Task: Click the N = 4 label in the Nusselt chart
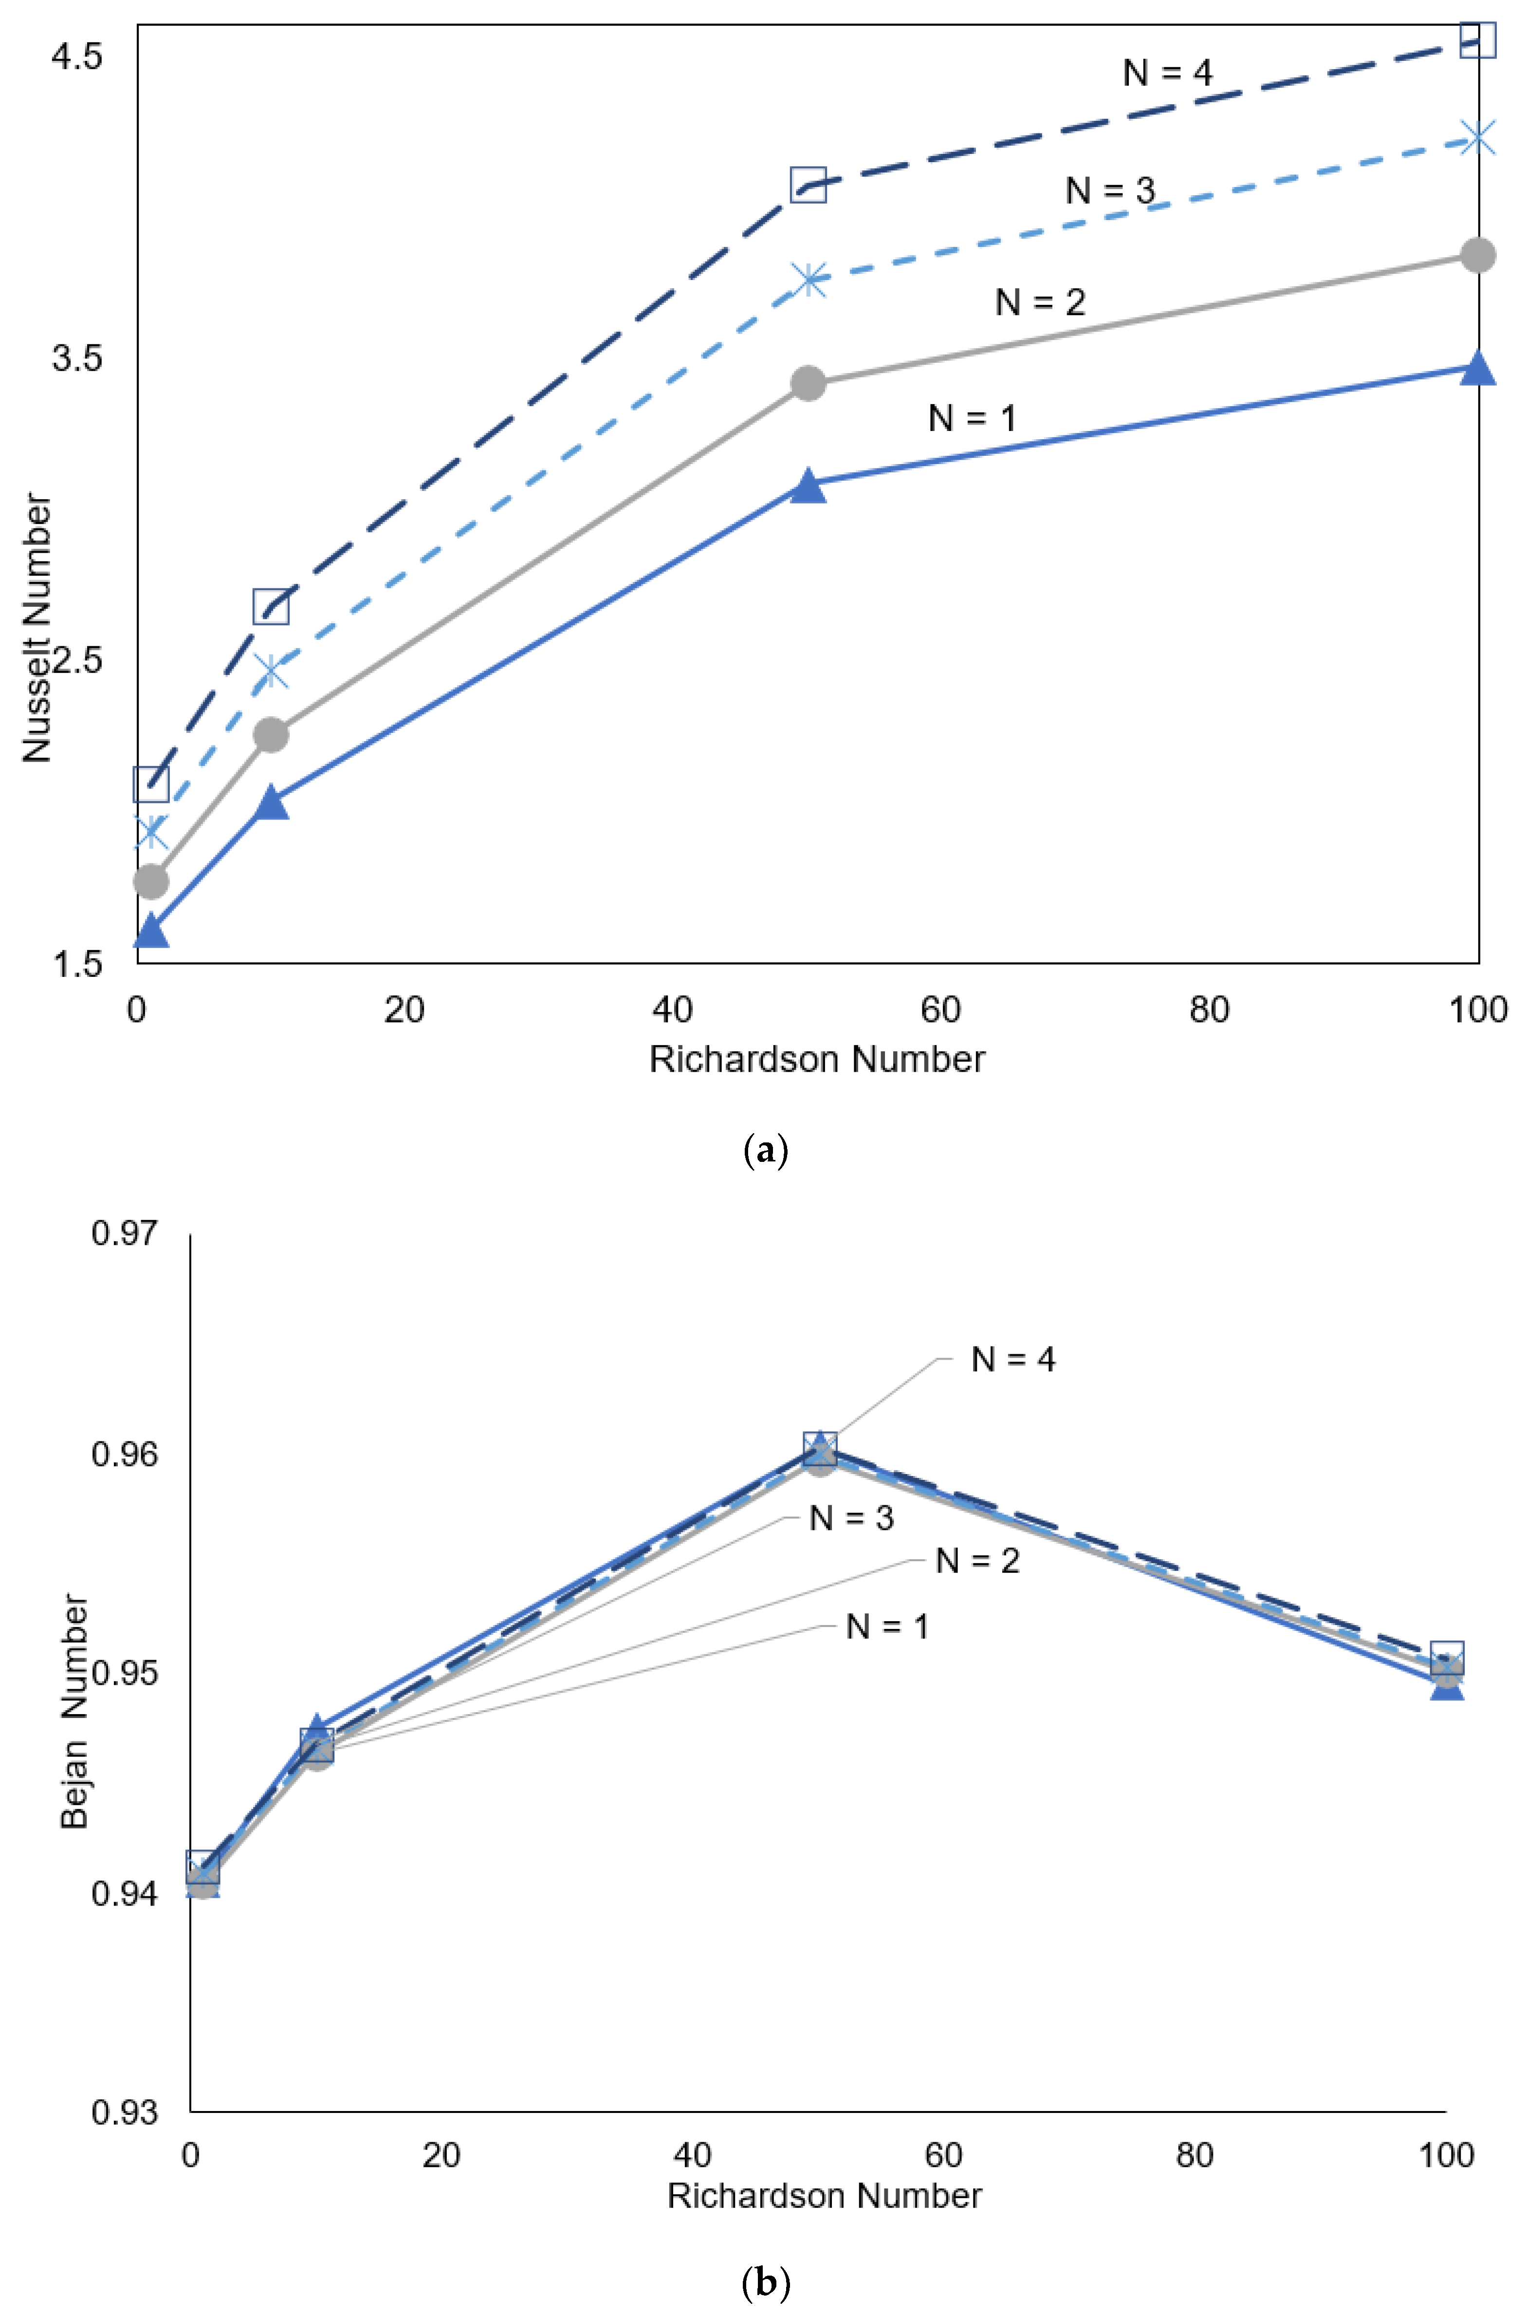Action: [x=1167, y=73]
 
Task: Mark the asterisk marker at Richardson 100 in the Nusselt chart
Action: [x=1477, y=138]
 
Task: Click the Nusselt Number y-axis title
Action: [x=37, y=628]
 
